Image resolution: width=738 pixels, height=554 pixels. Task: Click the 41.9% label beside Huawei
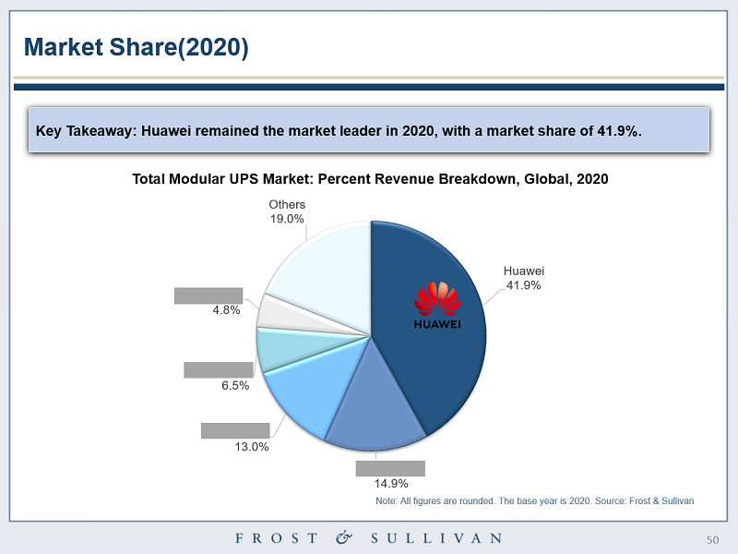point(523,285)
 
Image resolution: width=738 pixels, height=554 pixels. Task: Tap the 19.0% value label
point(287,219)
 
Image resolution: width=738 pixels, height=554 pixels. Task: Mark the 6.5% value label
point(235,386)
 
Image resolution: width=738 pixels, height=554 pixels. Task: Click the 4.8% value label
point(226,310)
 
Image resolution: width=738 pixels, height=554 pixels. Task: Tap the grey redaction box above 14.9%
point(390,468)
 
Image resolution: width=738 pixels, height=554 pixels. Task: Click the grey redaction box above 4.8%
point(208,295)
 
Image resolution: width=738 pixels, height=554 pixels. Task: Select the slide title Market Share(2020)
point(136,47)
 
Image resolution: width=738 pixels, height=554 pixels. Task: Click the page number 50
point(711,539)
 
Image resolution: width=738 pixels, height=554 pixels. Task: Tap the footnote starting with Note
point(534,500)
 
